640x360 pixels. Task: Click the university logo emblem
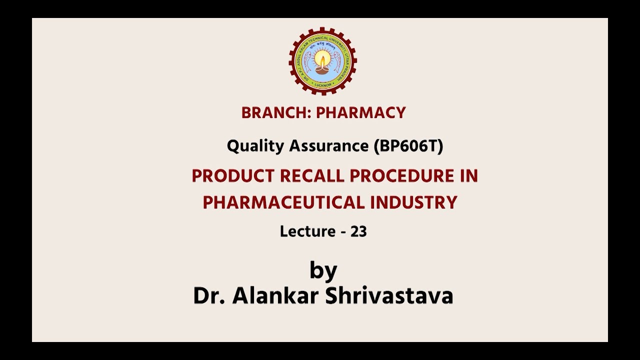tap(323, 61)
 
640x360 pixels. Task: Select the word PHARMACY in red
tap(360, 113)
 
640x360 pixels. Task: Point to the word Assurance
tap(328, 146)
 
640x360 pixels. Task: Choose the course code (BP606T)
tap(408, 146)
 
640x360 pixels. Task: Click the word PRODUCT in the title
tap(233, 176)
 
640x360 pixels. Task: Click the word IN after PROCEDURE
tap(469, 176)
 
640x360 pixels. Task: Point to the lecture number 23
tap(358, 231)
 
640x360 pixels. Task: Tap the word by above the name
tap(323, 271)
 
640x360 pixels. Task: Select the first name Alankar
tap(275, 295)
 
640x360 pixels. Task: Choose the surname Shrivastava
tap(389, 295)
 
